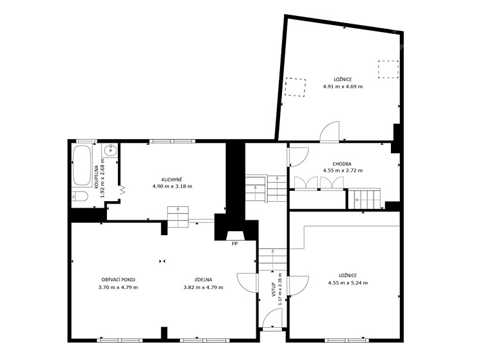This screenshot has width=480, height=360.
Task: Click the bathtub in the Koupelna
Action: pyautogui.click(x=82, y=165)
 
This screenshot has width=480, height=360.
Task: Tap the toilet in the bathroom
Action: pyautogui.click(x=80, y=196)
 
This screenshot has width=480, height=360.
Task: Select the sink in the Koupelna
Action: pyautogui.click(x=110, y=150)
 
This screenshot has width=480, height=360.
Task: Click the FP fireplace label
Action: pyautogui.click(x=235, y=244)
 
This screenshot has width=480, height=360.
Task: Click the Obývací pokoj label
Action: pyautogui.click(x=118, y=279)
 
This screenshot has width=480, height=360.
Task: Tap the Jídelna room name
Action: pyautogui.click(x=203, y=279)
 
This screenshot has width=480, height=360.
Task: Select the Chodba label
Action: pyautogui.click(x=342, y=164)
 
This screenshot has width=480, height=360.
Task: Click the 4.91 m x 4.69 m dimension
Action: pyautogui.click(x=343, y=86)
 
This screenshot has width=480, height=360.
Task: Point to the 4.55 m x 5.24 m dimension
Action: pyautogui.click(x=348, y=283)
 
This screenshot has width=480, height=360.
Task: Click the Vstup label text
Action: pyautogui.click(x=274, y=289)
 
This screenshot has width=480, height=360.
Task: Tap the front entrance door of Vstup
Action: pyautogui.click(x=272, y=319)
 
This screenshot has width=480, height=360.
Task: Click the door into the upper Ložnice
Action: pyautogui.click(x=329, y=132)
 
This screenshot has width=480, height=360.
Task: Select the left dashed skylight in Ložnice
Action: pyautogui.click(x=295, y=87)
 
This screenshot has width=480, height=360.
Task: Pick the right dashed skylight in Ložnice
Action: pyautogui.click(x=388, y=69)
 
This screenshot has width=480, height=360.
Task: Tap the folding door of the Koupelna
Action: pyautogui.click(x=123, y=190)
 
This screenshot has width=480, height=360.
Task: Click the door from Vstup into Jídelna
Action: pyautogui.click(x=247, y=284)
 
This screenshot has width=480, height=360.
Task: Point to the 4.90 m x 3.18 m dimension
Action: pyautogui.click(x=172, y=186)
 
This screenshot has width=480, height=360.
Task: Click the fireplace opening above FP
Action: pyautogui.click(x=235, y=236)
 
